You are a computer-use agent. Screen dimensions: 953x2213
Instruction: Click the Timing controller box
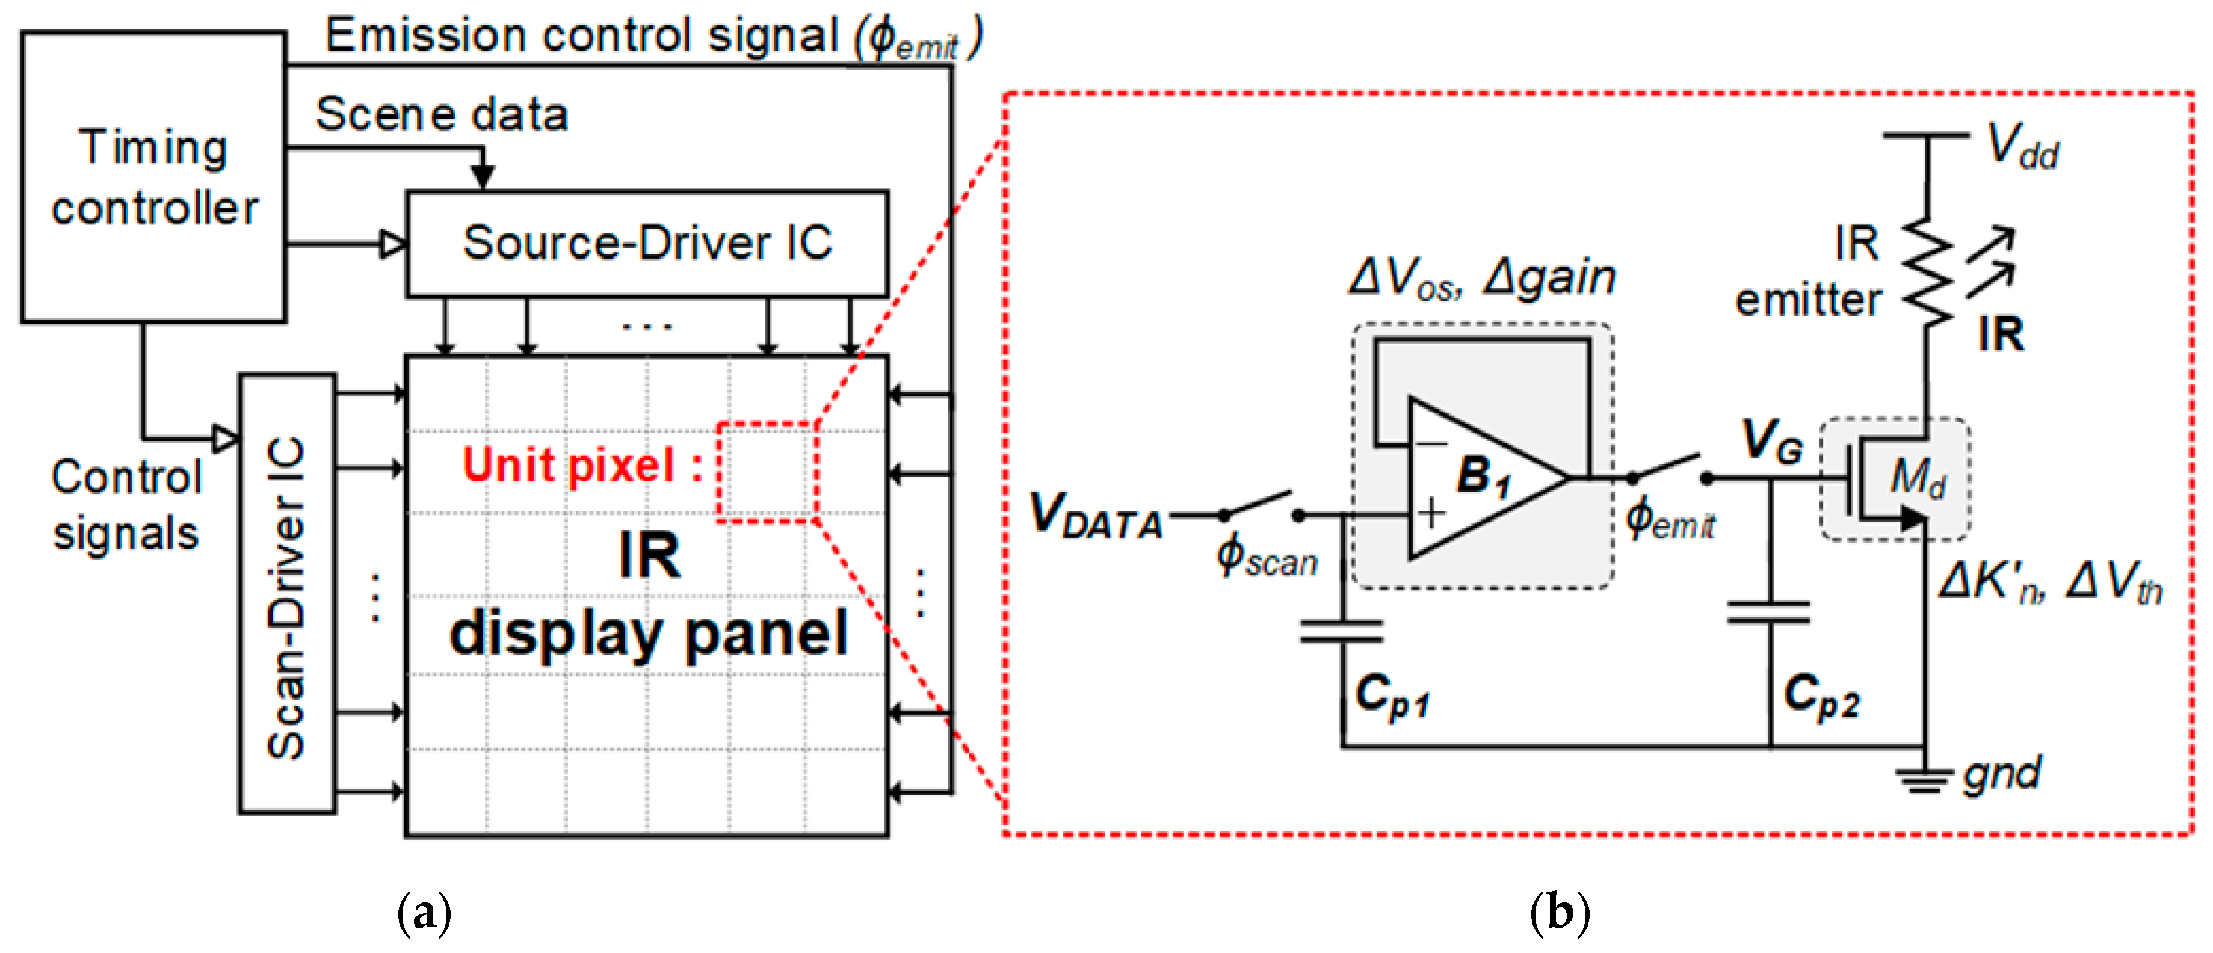[x=153, y=177]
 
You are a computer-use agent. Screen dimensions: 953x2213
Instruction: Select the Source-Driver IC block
[x=647, y=243]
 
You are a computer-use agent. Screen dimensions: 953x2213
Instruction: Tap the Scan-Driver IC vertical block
[x=287, y=594]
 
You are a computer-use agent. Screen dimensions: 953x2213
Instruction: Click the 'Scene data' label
[x=442, y=114]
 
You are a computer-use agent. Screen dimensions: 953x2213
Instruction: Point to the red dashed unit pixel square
[x=767, y=472]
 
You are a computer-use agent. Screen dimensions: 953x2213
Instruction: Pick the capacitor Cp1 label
[x=1392, y=694]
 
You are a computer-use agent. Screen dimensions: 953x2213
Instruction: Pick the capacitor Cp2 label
[x=1821, y=694]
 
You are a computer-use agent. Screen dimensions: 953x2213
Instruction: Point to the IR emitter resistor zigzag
[x=1927, y=271]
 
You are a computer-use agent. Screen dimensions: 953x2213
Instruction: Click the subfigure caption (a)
[x=424, y=913]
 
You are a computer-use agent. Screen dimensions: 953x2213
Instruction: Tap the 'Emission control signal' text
[x=653, y=36]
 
